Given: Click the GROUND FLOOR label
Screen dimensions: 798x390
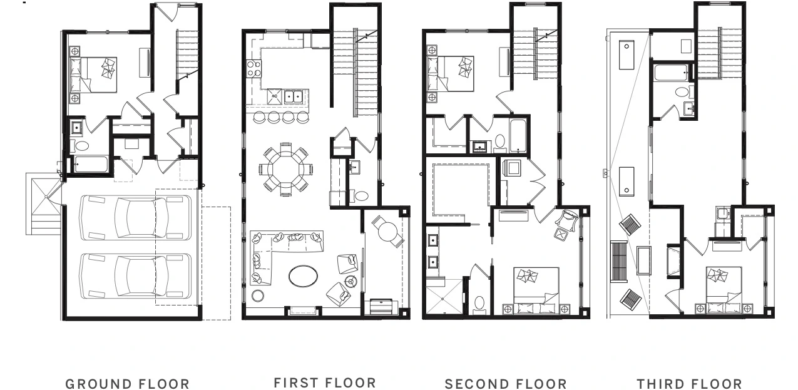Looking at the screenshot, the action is coord(127,384).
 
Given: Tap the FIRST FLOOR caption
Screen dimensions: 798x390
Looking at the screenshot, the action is coord(325,383).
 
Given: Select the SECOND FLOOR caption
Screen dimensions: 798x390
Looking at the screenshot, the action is coord(506,384).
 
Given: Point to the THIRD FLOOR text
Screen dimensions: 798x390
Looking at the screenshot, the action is coord(689,384).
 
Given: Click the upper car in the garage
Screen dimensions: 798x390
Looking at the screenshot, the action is coord(135,217).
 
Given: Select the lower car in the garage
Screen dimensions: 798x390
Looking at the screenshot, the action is coord(135,275).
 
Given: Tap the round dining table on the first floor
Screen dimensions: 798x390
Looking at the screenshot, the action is coord(285,169).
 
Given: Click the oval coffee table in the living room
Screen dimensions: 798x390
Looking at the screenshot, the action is coord(303,276).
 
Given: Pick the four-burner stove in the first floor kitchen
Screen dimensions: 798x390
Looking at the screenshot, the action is coord(253,69).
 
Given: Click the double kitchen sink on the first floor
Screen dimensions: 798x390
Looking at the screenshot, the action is coord(294,96).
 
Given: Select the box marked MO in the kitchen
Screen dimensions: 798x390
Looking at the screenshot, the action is coord(275,96).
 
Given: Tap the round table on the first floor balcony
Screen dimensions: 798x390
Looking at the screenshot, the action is coord(387,232).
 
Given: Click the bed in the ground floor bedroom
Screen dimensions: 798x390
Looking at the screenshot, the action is coord(93,75).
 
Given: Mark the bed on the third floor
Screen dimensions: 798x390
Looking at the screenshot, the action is coord(724,289).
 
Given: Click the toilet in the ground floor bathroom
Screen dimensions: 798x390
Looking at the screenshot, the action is coord(81,146).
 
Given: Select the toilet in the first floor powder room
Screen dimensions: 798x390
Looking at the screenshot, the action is coord(360,196).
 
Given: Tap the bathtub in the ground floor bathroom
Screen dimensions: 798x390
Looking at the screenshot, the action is coord(91,164).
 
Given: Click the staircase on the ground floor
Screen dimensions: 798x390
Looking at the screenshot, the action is coord(187,55).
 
